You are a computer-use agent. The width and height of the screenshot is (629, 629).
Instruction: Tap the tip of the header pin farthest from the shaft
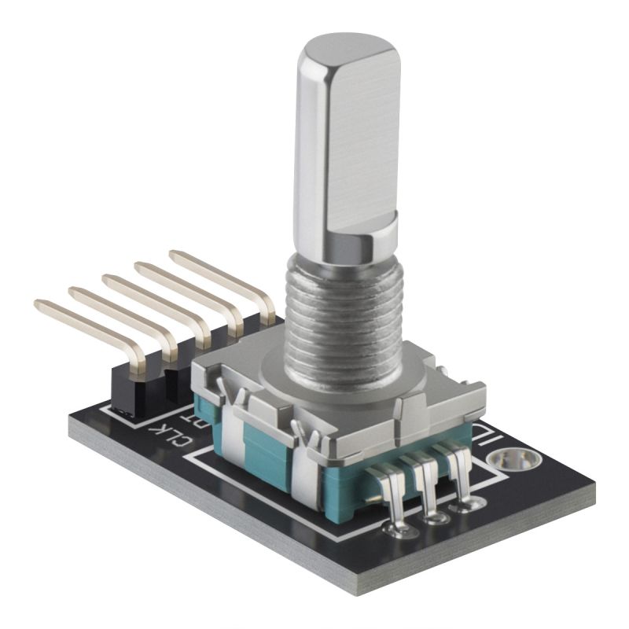point(39,304)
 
